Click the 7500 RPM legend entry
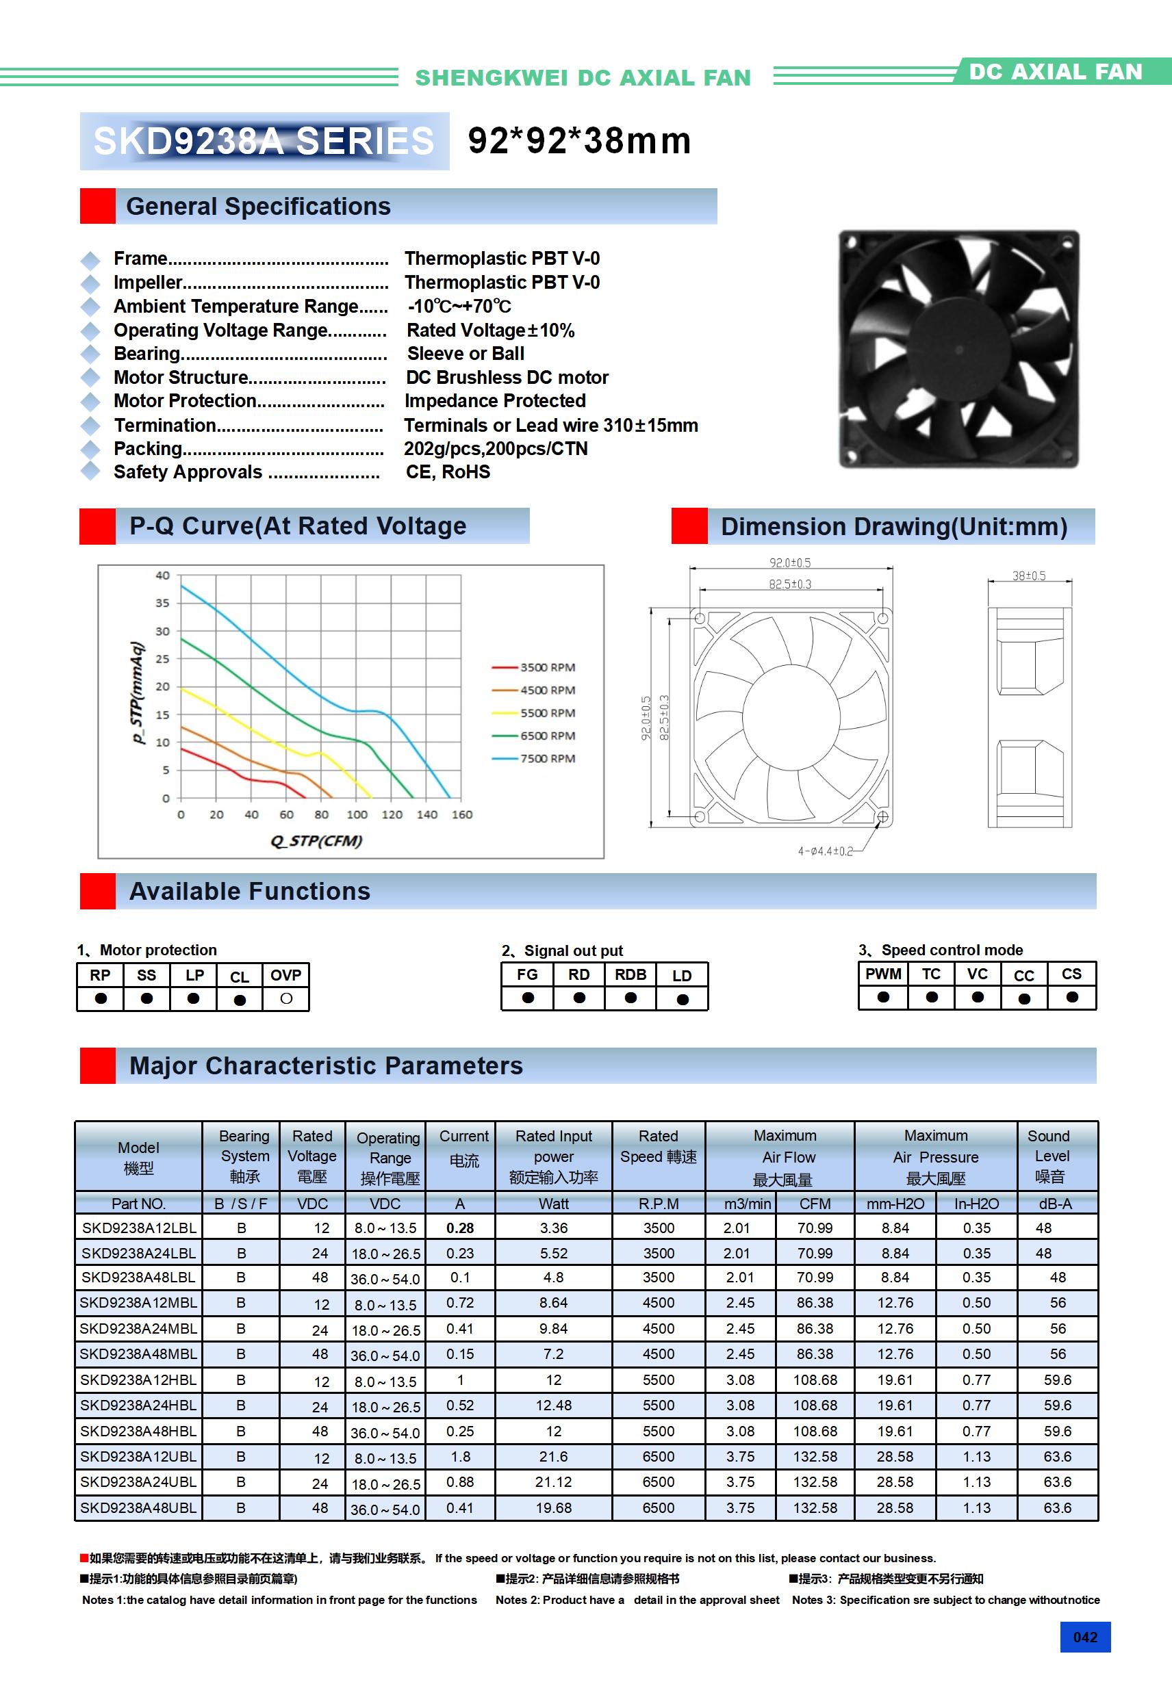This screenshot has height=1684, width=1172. pos(547,758)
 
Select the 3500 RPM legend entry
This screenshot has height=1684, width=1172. pos(547,667)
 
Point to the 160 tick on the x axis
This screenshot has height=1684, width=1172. pos(461,814)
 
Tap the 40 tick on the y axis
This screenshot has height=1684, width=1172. pos(162,575)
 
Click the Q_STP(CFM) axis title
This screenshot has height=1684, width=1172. pos(316,840)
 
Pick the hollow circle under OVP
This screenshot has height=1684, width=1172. pos(286,998)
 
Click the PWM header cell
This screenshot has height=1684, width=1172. pos(883,974)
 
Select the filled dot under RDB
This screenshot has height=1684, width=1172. pos(630,998)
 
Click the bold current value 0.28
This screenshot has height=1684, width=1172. pos(460,1228)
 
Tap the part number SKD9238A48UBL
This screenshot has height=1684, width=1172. pos(138,1508)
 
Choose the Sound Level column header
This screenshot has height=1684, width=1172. pos(1049,1156)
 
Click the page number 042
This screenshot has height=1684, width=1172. pos(1084,1637)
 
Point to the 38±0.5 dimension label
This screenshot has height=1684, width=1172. pos(1029,575)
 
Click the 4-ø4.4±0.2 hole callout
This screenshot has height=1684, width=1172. pos(826,851)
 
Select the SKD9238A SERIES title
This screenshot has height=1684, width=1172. pos(264,142)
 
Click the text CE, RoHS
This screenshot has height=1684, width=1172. pos(448,472)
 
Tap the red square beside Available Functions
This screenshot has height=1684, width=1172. pos(98,891)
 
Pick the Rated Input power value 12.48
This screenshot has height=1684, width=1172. pos(553,1406)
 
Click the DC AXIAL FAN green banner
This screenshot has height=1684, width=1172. pos(1056,71)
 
